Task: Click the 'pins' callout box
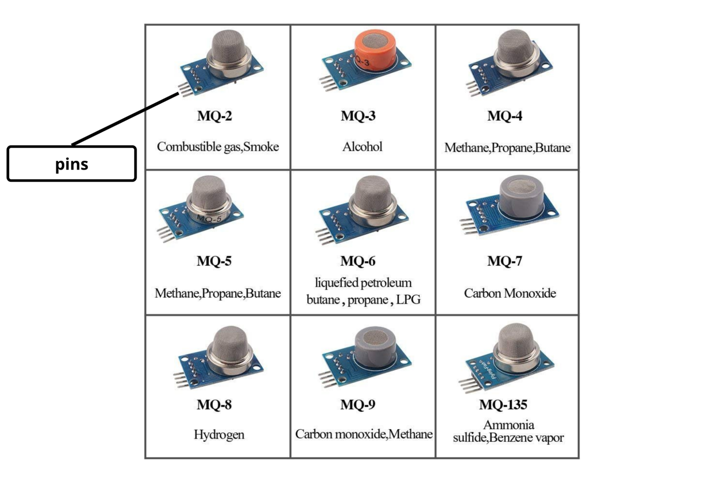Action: (71, 163)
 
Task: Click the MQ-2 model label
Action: (214, 116)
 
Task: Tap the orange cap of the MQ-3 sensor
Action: (375, 50)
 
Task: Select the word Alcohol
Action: (362, 147)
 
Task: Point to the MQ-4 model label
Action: (505, 116)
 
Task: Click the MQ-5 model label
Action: (214, 261)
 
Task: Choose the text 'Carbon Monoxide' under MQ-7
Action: (510, 293)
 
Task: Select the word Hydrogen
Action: (219, 435)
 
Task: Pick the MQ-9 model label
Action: (358, 405)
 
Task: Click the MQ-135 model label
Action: (503, 405)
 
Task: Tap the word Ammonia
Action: (509, 425)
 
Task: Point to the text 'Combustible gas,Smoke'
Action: (218, 147)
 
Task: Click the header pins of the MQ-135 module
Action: (469, 386)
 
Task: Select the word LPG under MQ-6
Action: (408, 300)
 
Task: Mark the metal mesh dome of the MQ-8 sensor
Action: (229, 346)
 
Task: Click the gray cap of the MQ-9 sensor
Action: (375, 345)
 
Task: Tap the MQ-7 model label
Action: (505, 261)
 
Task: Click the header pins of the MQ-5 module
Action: (166, 234)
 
